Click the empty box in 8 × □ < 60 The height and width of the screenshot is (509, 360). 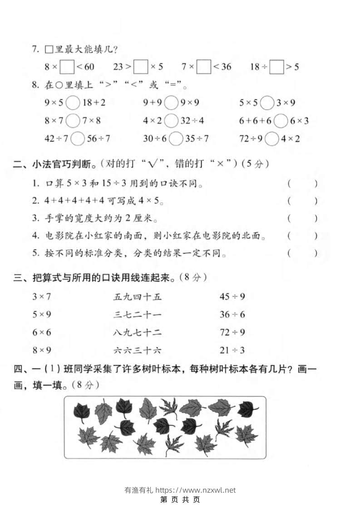click(67, 67)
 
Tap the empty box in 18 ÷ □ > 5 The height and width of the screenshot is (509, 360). click(276, 67)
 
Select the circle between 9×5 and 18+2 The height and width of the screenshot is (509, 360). click(73, 103)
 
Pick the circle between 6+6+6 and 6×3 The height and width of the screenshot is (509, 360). click(281, 121)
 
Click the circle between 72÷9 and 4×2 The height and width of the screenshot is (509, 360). click(271, 139)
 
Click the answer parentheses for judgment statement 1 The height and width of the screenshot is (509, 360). click(302, 184)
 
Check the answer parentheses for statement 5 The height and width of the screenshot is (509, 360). click(302, 253)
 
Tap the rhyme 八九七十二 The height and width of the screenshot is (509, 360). click(138, 333)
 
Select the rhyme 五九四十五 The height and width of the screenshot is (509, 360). click(138, 297)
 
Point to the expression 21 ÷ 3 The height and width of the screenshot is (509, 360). click(232, 350)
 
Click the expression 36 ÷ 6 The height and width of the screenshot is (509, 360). click(232, 315)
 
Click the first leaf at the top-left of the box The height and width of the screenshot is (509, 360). click(82, 412)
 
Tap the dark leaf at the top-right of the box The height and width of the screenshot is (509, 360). click(247, 409)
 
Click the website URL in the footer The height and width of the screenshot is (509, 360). click(196, 490)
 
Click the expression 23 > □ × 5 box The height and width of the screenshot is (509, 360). click(141, 67)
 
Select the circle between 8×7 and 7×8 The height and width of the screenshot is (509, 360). click(73, 121)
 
